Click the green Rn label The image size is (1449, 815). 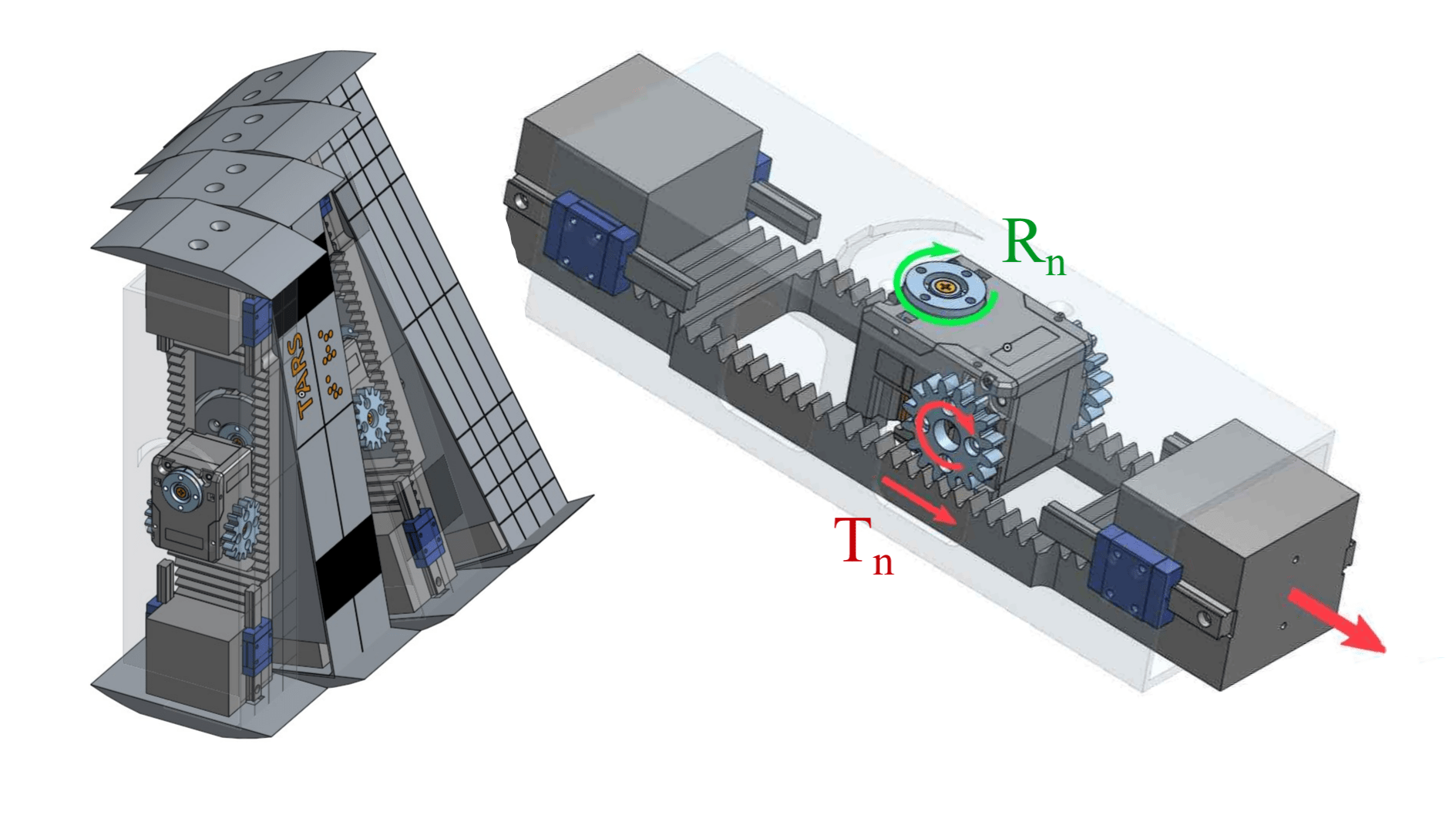pyautogui.click(x=1033, y=247)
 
